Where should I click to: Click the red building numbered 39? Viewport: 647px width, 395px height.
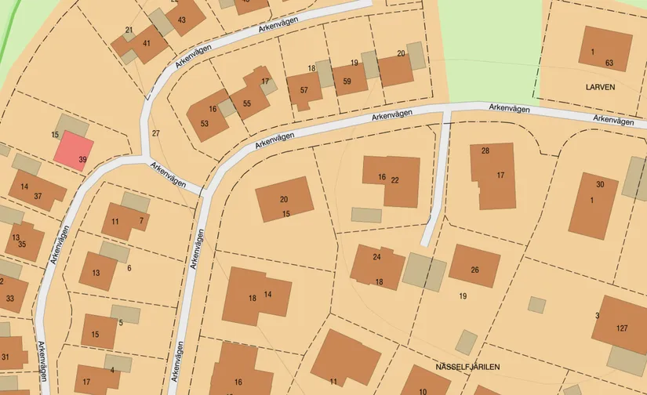point(75,150)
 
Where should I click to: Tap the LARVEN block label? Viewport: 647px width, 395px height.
point(599,87)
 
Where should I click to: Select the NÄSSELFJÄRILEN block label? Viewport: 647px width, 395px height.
point(468,367)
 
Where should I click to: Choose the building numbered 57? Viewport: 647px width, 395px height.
point(303,89)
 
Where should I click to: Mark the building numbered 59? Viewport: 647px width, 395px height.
point(349,79)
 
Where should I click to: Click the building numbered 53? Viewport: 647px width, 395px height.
point(206,121)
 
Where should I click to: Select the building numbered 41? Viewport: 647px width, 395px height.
point(147,45)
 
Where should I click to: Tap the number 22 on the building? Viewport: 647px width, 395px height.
point(394,180)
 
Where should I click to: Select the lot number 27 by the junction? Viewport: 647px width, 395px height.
point(155,133)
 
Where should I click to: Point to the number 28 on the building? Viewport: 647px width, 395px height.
point(485,150)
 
